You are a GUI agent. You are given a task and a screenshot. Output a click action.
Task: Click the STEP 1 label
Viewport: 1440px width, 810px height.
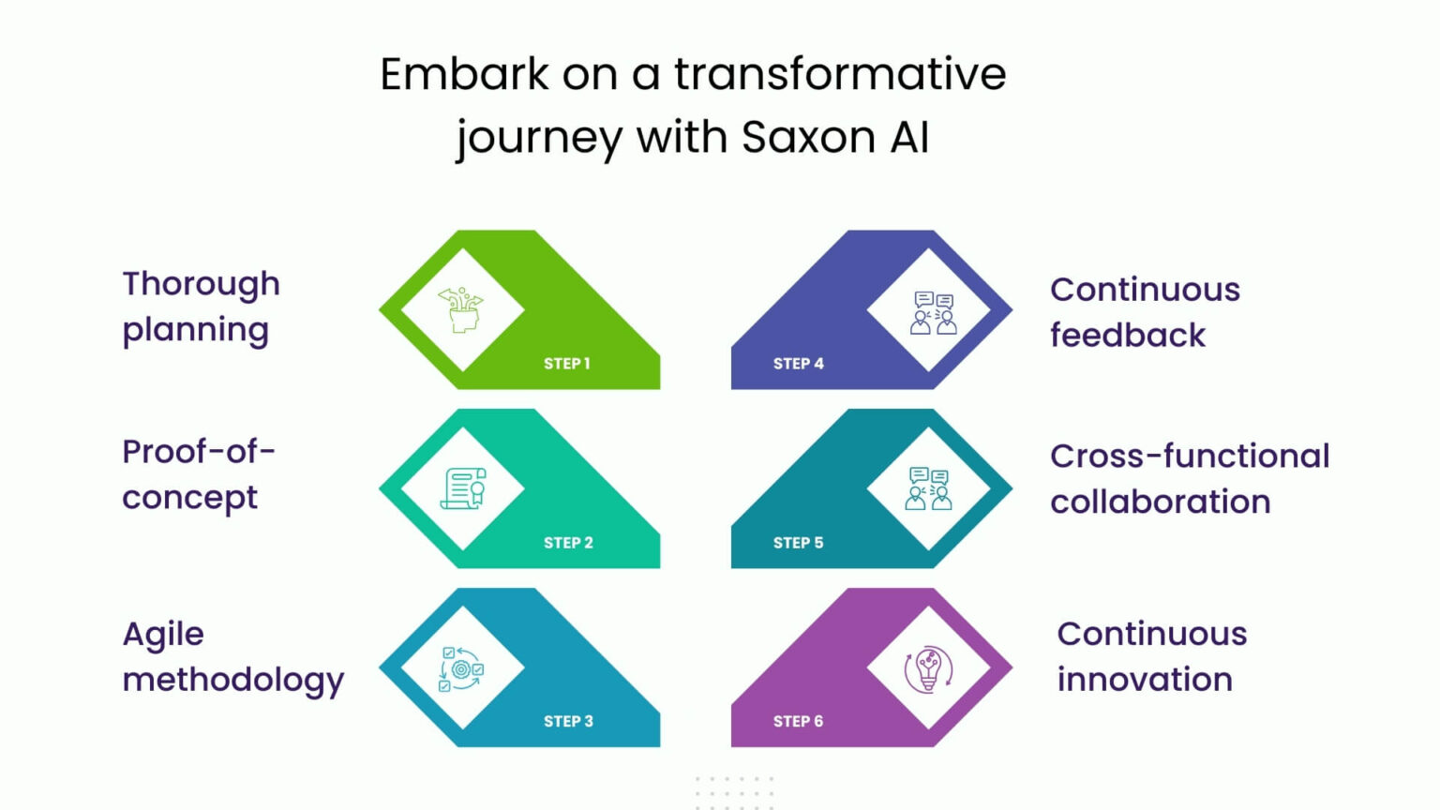tap(567, 364)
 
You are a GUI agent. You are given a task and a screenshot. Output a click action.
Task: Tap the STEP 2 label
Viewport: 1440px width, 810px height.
tap(568, 543)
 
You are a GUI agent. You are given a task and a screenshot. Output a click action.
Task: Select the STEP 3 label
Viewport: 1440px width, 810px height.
tap(568, 721)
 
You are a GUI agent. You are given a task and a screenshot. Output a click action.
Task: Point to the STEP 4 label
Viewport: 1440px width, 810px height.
tap(799, 364)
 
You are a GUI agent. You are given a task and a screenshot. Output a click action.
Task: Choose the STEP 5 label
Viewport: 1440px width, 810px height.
tap(799, 543)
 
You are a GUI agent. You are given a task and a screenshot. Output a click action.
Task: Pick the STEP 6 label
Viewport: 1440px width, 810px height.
tap(799, 721)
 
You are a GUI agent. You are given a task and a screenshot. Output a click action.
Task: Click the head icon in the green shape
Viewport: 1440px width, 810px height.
tap(461, 309)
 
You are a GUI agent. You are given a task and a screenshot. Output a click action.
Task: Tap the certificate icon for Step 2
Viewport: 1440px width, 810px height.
tap(463, 488)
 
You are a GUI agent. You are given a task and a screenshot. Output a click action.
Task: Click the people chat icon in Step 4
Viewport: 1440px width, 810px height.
tap(934, 312)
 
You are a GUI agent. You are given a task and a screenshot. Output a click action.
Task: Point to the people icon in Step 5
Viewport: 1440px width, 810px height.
tap(929, 488)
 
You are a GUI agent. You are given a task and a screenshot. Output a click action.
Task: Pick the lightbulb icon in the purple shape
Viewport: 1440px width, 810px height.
tap(928, 669)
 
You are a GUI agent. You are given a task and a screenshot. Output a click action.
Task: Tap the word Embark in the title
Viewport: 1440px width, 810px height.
tap(465, 74)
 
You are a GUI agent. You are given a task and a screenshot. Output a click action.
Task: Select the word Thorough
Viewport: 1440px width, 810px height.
tap(201, 284)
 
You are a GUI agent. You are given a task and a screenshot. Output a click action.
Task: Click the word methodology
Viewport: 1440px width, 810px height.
tap(232, 680)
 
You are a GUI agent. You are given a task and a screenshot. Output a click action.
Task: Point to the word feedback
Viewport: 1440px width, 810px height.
tap(1128, 335)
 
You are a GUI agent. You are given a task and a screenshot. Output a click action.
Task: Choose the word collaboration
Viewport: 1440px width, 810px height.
tap(1161, 502)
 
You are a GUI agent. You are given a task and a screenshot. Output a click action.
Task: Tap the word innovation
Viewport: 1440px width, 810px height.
tap(1145, 680)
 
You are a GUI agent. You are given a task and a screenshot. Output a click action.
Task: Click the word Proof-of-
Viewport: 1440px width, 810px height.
tap(199, 452)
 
